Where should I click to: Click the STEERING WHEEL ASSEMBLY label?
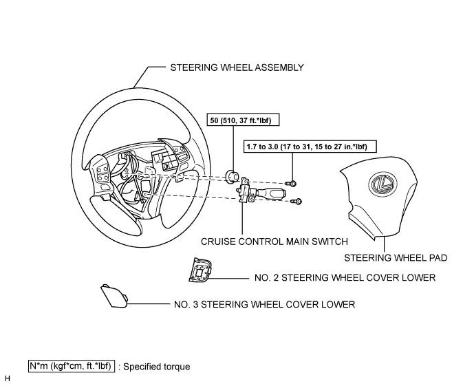pos(237,67)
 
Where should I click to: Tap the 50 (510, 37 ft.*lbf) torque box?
pos(243,120)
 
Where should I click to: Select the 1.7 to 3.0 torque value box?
pos(310,147)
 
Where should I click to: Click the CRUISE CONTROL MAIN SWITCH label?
pos(274,242)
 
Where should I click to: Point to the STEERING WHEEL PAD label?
pos(396,258)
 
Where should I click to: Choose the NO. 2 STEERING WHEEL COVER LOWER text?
pos(345,277)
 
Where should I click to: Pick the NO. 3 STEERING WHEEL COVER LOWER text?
pos(264,304)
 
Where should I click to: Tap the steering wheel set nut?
pos(233,176)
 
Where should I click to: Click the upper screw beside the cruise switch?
pos(291,183)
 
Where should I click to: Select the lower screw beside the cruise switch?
pos(296,201)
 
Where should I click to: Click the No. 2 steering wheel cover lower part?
pos(200,270)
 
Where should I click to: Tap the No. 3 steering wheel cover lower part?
pos(114,296)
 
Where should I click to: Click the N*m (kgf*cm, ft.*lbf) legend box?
pos(72,366)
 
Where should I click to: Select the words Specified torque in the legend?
pos(157,367)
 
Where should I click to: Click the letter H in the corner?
pos(8,378)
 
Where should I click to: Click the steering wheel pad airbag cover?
pos(379,198)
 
